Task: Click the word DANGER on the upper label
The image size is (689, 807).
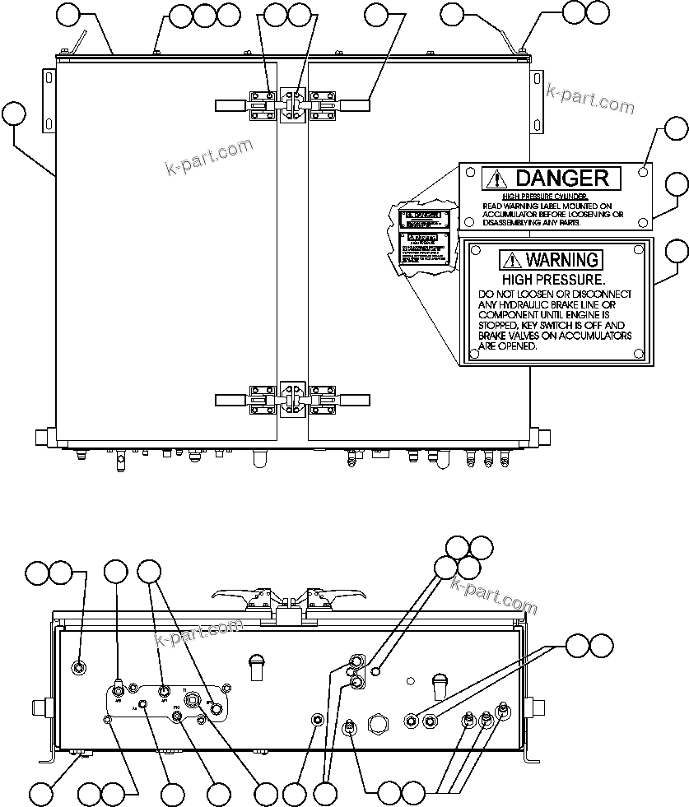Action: [x=562, y=178]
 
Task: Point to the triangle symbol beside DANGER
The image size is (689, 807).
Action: [x=495, y=178]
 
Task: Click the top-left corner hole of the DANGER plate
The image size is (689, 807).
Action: [x=469, y=173]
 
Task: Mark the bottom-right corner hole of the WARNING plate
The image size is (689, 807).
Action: [x=640, y=355]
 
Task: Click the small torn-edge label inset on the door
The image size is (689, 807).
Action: [x=422, y=234]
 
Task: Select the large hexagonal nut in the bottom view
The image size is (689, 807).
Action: [x=379, y=724]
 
